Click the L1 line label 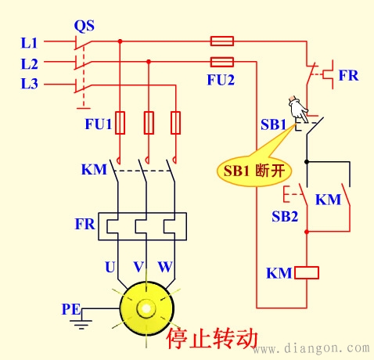[x=31, y=41]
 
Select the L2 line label [x=31, y=62]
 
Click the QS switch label [x=84, y=26]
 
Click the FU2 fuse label [x=221, y=78]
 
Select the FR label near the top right [x=348, y=76]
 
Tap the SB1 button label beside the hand [x=273, y=124]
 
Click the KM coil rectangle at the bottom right [x=307, y=273]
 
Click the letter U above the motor [x=110, y=266]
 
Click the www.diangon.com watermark [x=313, y=346]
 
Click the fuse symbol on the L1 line [x=222, y=41]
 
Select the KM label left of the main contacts [x=92, y=169]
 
